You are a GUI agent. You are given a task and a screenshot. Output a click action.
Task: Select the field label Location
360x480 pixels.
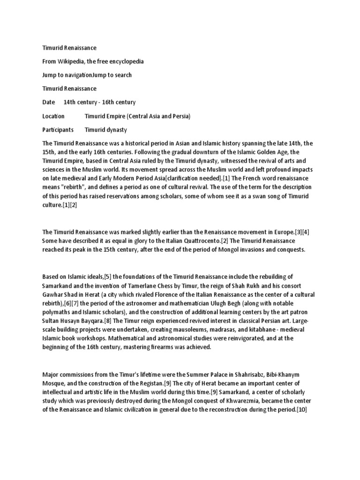53,116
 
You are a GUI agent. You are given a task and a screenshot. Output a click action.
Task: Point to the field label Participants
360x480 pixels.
58,129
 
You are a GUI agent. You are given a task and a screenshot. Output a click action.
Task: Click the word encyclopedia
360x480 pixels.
125,61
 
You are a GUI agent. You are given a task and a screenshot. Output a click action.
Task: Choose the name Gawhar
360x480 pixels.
54,294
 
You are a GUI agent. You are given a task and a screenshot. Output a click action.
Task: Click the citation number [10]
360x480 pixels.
300,410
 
